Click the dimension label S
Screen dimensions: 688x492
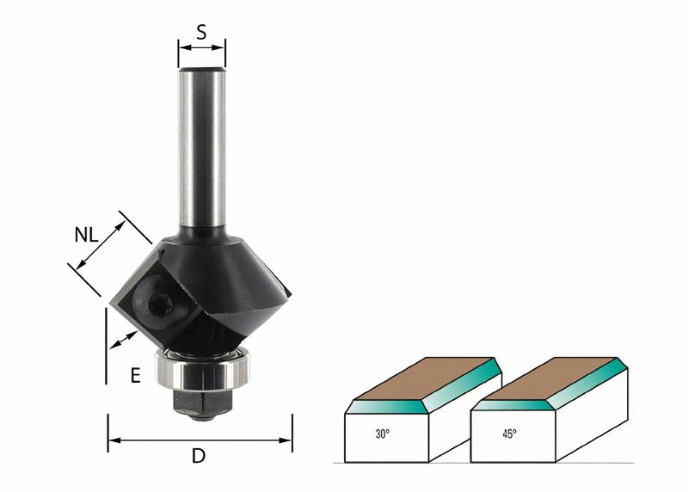[x=201, y=32]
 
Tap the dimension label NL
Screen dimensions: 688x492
[x=86, y=235]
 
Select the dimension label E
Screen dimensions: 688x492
[x=136, y=376]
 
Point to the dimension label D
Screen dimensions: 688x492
[x=199, y=456]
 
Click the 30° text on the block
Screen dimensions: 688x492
[x=382, y=434]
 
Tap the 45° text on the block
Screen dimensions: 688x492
[x=509, y=434]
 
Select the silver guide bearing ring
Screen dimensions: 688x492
[x=203, y=367]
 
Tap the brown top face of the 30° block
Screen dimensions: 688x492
[x=423, y=378]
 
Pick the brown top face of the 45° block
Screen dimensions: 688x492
[x=549, y=378]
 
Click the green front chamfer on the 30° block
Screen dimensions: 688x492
[x=387, y=407]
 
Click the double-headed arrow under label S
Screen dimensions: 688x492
[x=202, y=47]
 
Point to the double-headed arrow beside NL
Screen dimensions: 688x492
[x=101, y=245]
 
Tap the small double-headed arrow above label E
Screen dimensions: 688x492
[x=123, y=341]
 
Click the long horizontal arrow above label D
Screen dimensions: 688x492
[x=200, y=440]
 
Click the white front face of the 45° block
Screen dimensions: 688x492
[x=513, y=437]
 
